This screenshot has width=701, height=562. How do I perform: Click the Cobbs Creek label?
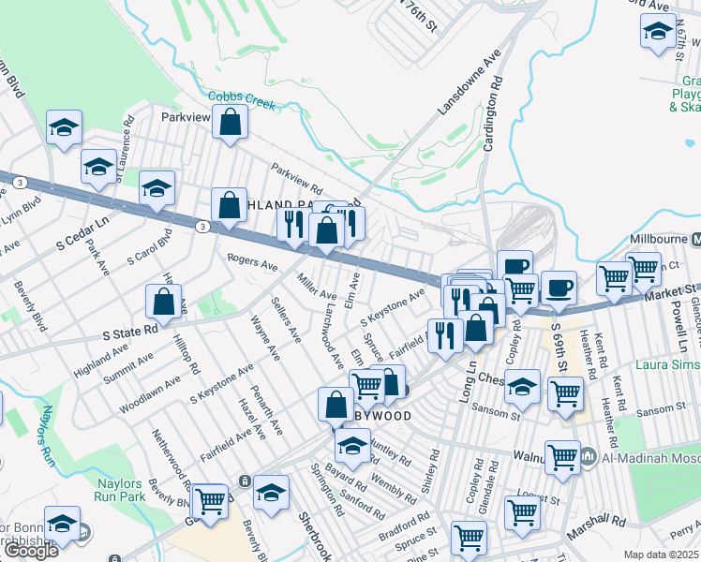coord(242,99)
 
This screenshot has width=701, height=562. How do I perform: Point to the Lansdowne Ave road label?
coord(469,85)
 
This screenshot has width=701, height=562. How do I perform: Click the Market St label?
coord(670,295)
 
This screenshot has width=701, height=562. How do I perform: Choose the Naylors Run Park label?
coord(121,490)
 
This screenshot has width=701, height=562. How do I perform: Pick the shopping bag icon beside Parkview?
coord(230,123)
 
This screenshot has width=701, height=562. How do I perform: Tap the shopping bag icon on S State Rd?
coord(163,303)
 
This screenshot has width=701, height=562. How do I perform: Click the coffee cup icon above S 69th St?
coord(559,288)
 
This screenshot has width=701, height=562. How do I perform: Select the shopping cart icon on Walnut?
coord(562,457)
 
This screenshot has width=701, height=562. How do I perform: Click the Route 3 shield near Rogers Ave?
coord(201,227)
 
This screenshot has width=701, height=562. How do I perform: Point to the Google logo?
coord(30,551)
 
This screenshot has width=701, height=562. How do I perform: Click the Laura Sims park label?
coord(664,363)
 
